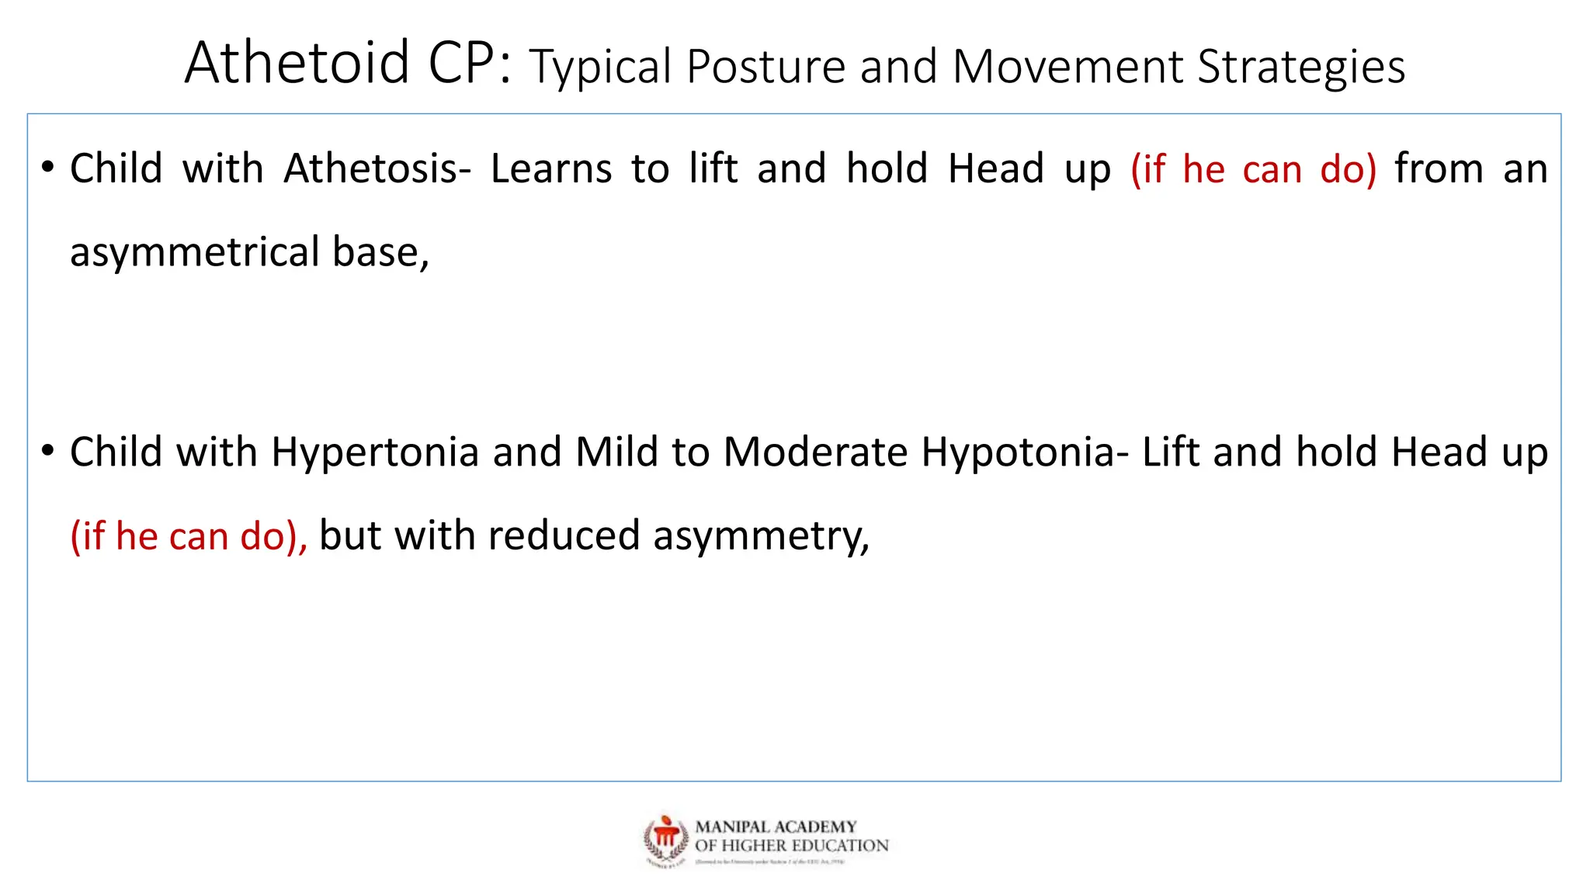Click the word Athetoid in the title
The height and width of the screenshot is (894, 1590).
(297, 64)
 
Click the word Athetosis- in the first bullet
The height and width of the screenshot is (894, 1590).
(377, 168)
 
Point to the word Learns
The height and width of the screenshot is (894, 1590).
(551, 168)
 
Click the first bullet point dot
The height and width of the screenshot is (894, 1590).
(48, 168)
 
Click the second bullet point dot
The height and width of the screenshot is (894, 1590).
(48, 451)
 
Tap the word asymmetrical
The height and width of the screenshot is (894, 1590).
(195, 253)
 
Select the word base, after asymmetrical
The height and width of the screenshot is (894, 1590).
(380, 253)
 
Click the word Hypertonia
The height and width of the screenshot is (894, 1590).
(375, 452)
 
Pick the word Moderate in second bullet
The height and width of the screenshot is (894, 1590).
(815, 452)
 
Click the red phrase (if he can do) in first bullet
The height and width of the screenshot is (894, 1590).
(1253, 168)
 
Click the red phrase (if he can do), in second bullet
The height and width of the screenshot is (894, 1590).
(189, 536)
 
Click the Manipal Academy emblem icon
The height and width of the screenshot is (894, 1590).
(666, 839)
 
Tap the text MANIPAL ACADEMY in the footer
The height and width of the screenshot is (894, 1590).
(776, 827)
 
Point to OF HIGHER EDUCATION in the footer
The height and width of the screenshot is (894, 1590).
(791, 846)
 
